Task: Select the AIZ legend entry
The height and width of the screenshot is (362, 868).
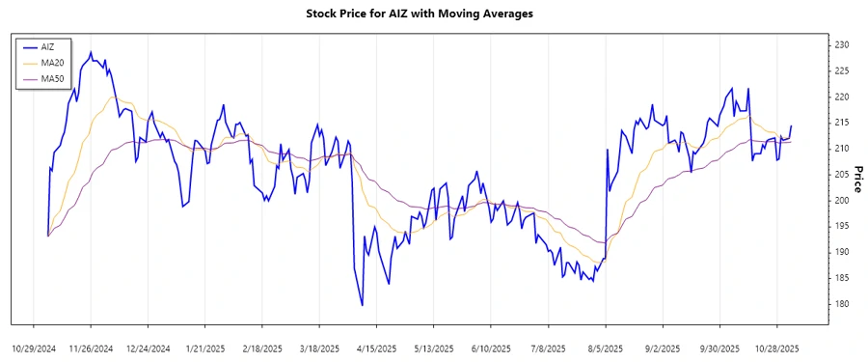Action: click(x=48, y=46)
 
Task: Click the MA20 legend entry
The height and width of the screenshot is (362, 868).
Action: click(x=52, y=62)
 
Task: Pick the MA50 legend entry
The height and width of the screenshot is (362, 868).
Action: click(x=52, y=77)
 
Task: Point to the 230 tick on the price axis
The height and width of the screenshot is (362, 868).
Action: click(x=841, y=45)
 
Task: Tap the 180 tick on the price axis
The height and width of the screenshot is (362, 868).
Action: click(x=841, y=304)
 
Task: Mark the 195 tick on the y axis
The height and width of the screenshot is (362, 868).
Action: click(x=841, y=226)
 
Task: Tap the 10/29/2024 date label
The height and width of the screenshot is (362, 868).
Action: click(x=34, y=348)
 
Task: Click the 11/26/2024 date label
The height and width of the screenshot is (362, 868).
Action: click(x=91, y=348)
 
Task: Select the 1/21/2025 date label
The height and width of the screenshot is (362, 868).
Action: click(x=205, y=348)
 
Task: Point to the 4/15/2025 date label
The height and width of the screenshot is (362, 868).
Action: click(x=377, y=348)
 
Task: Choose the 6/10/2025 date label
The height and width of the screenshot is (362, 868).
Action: click(x=491, y=348)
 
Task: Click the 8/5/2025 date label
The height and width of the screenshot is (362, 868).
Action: click(x=606, y=348)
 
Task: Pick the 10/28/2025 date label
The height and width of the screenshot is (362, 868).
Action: click(x=777, y=348)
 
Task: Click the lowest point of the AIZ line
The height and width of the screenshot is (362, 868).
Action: click(x=362, y=306)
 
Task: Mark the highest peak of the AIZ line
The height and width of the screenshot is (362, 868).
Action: click(x=91, y=52)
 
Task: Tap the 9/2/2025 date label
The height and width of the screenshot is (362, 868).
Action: click(x=663, y=348)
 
